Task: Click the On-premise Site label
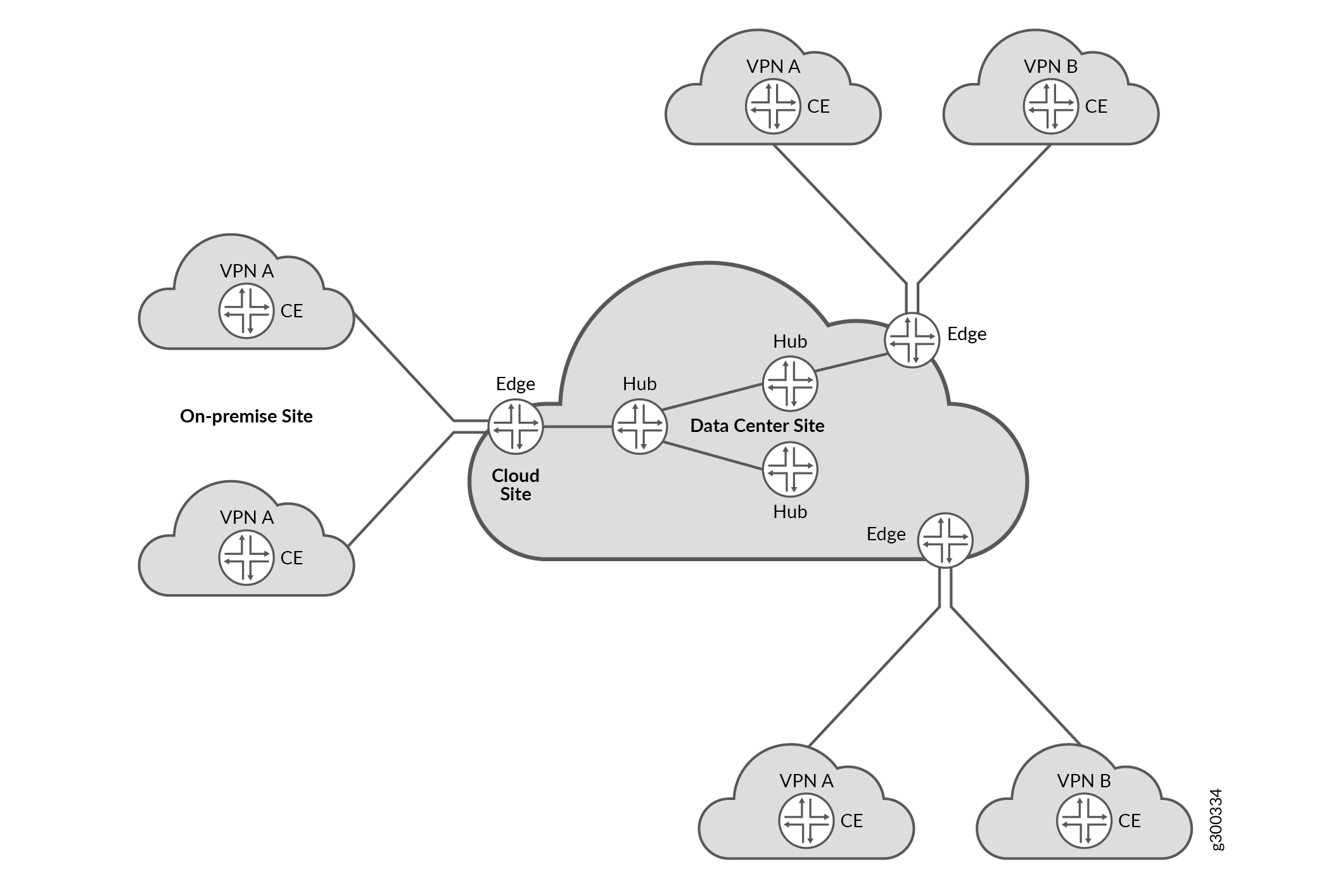pyautogui.click(x=246, y=416)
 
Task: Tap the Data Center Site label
pyautogui.click(x=756, y=426)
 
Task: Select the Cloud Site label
pyautogui.click(x=515, y=485)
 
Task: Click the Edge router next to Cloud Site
pyautogui.click(x=515, y=426)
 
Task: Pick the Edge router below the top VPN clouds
pyautogui.click(x=912, y=340)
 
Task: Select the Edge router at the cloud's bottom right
pyautogui.click(x=945, y=540)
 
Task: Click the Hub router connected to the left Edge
pyautogui.click(x=639, y=426)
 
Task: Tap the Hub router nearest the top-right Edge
pyautogui.click(x=789, y=383)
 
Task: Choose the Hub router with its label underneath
pyautogui.click(x=789, y=469)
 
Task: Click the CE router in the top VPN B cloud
pyautogui.click(x=1050, y=106)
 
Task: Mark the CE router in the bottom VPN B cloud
pyautogui.click(x=1083, y=820)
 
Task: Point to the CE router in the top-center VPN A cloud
pyautogui.click(x=773, y=106)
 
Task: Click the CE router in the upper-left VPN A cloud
pyautogui.click(x=246, y=311)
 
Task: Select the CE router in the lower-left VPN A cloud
pyautogui.click(x=246, y=557)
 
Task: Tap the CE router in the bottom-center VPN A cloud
pyautogui.click(x=806, y=820)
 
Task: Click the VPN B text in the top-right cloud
pyautogui.click(x=1050, y=67)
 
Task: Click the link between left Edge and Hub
pyautogui.click(x=576, y=426)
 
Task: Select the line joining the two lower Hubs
pyautogui.click(x=713, y=455)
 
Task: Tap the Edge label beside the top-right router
pyautogui.click(x=966, y=334)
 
